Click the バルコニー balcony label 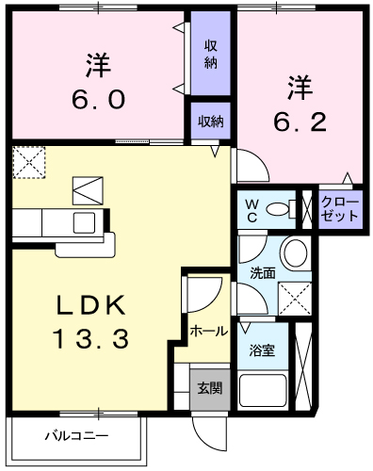(x=77, y=436)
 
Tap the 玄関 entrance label (x=208, y=386)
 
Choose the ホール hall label (x=207, y=332)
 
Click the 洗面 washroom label (x=262, y=273)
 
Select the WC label (x=252, y=208)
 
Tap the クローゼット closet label (x=339, y=208)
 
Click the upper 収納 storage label (x=211, y=55)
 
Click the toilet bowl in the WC (x=278, y=209)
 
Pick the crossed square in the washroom (x=296, y=298)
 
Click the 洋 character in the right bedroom (x=300, y=88)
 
